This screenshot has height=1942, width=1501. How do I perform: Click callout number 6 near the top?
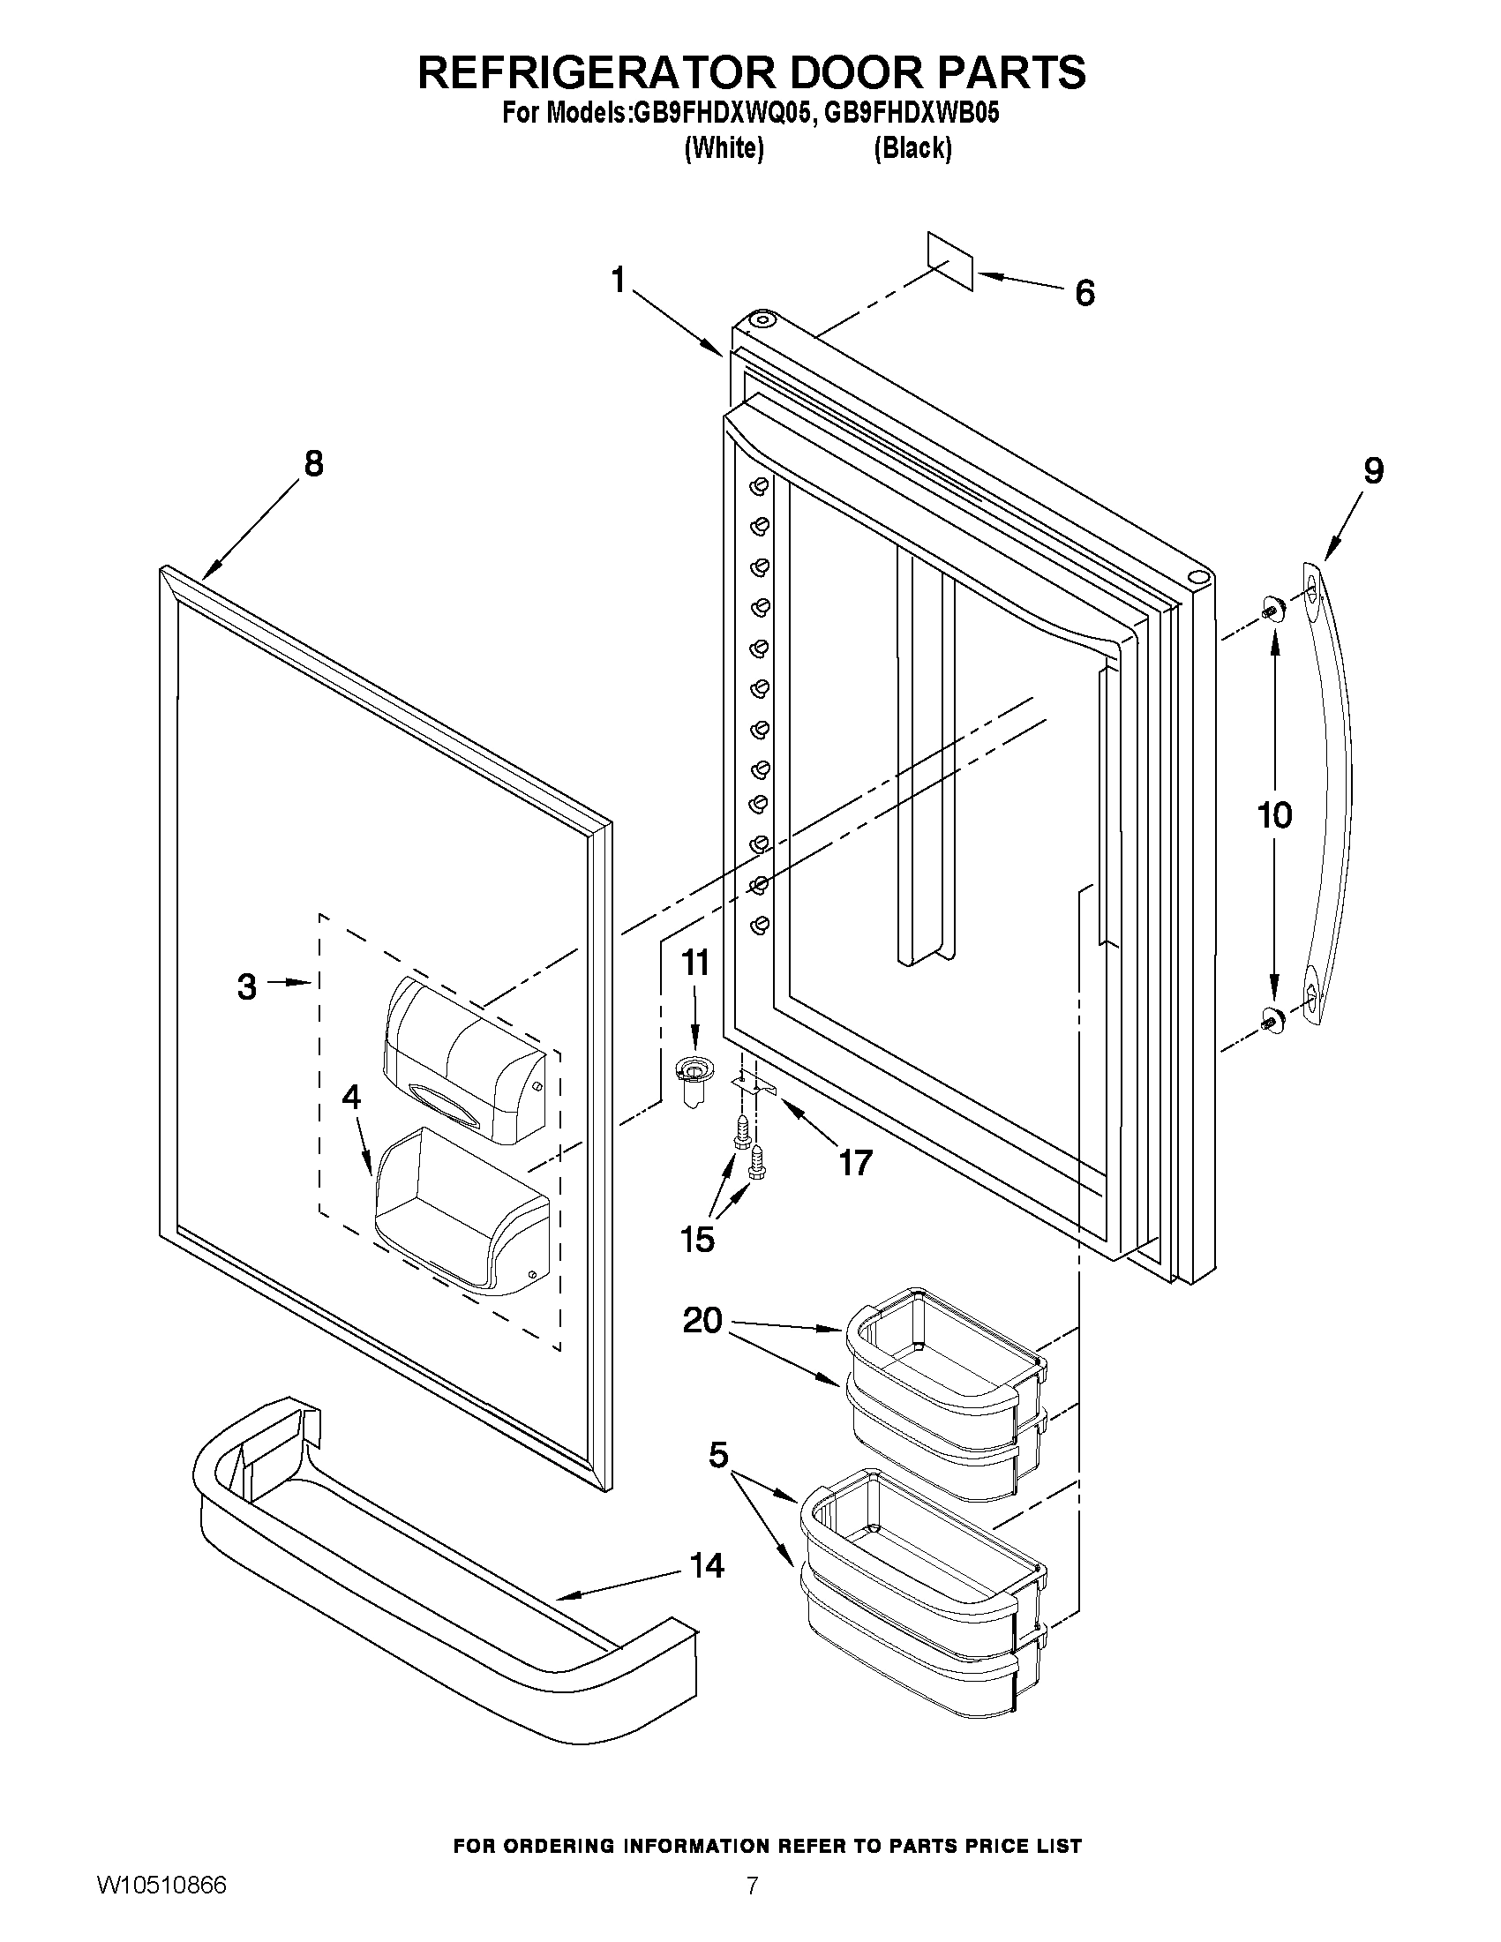(1084, 293)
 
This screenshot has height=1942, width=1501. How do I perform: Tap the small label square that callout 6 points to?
(949, 261)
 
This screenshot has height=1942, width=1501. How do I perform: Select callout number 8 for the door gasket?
(314, 463)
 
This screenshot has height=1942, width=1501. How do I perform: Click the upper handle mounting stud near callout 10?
(1271, 611)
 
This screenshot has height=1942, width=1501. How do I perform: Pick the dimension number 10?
(1273, 814)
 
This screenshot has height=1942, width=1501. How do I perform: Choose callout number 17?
(855, 1161)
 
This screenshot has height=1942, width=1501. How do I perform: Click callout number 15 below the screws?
(697, 1239)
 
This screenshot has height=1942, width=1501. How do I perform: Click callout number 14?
(707, 1565)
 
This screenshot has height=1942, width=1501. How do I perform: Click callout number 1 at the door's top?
(619, 281)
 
